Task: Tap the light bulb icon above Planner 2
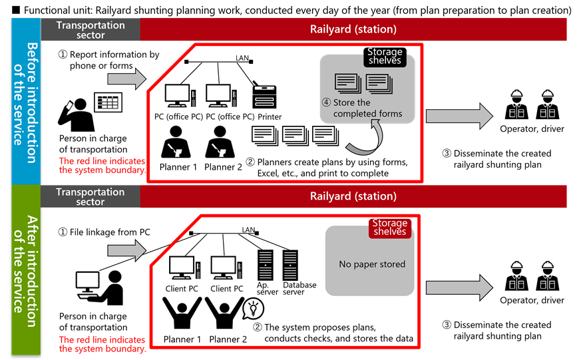coord(253,307)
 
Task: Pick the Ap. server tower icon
coord(265,264)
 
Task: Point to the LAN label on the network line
coord(248,230)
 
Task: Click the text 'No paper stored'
coord(372,264)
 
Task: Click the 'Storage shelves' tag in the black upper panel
coord(385,57)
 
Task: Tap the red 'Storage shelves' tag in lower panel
coord(390,228)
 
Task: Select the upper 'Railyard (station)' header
coord(353,29)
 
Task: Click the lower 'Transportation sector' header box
coord(91,196)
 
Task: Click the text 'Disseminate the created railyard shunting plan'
coord(496,330)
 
